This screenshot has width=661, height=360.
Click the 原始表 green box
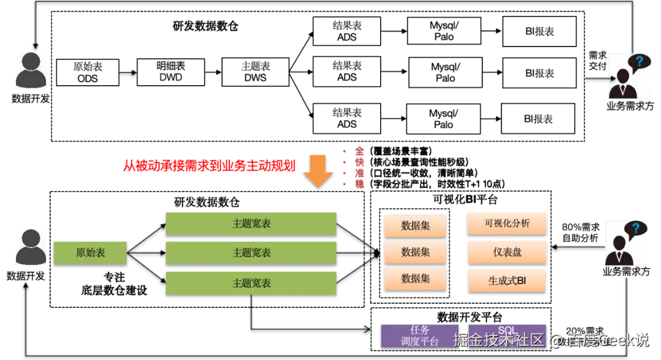(x=90, y=252)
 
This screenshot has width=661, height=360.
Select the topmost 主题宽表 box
(x=251, y=223)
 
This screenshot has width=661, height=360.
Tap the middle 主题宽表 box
(x=251, y=252)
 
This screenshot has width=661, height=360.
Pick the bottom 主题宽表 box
(x=251, y=283)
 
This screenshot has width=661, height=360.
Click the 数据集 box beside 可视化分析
(x=415, y=225)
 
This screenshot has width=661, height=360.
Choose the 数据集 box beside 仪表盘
(x=415, y=252)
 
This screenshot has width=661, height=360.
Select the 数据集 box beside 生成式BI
(x=415, y=279)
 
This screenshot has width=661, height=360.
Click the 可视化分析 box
(x=507, y=223)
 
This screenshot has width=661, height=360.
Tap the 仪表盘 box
(x=507, y=252)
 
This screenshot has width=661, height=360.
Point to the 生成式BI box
(x=507, y=281)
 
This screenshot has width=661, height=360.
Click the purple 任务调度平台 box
(x=420, y=336)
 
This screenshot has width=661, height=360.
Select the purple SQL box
(x=507, y=331)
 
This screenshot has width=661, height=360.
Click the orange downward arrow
(x=319, y=171)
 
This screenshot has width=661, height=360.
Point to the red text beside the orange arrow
(x=211, y=165)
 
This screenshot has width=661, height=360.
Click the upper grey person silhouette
(x=31, y=71)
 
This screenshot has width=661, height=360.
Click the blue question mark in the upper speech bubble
(x=640, y=61)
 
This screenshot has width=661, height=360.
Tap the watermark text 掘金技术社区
(x=498, y=340)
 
